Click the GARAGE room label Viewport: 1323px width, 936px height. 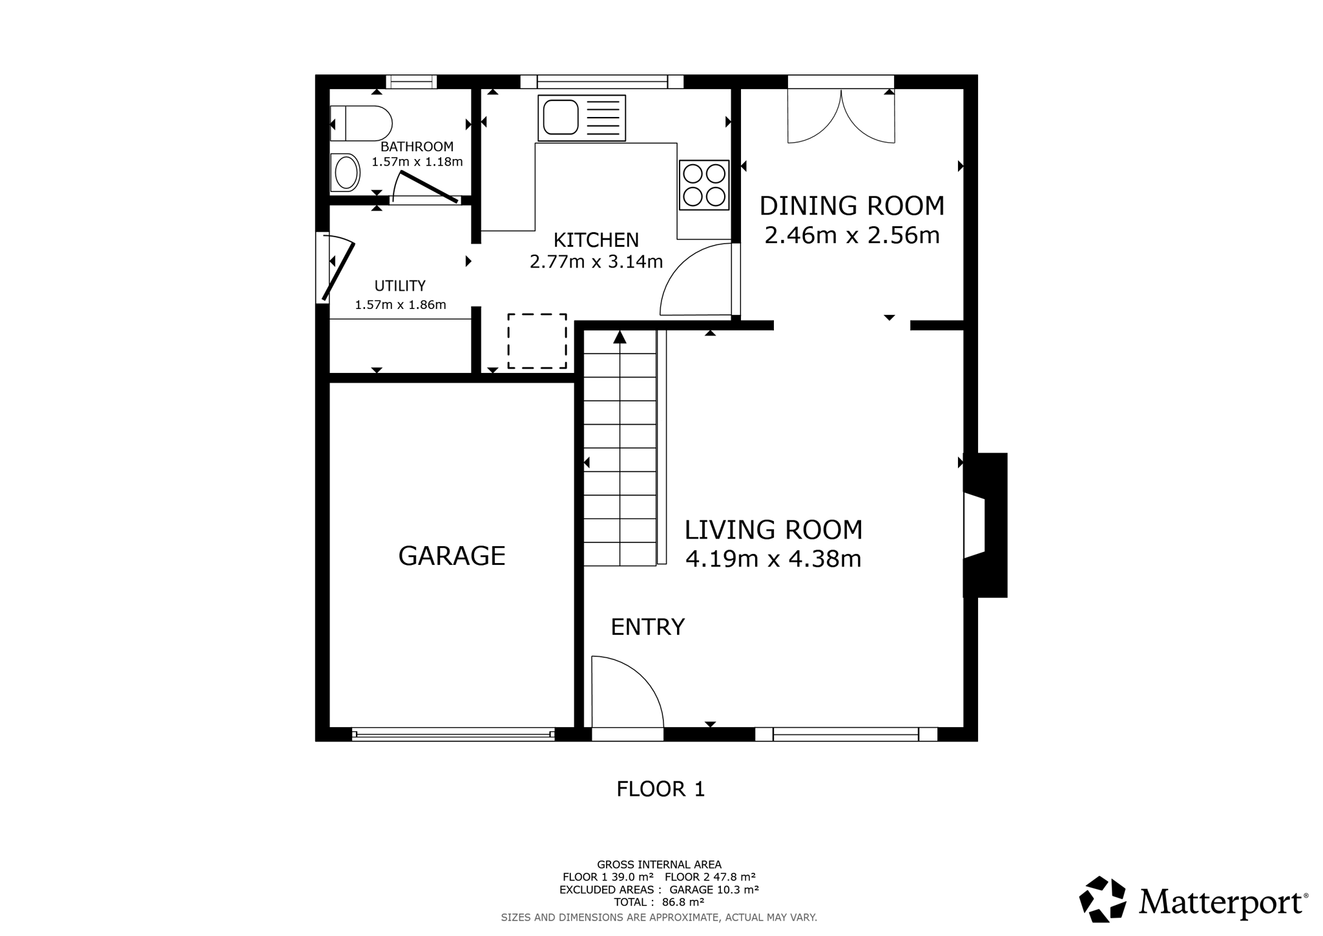point(452,556)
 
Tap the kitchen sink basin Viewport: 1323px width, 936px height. point(560,117)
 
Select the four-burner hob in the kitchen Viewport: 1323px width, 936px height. point(704,185)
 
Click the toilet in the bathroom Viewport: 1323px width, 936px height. point(361,123)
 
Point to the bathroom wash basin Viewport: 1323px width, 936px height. point(346,173)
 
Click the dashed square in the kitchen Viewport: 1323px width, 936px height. point(537,341)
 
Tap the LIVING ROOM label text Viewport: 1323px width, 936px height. point(773,530)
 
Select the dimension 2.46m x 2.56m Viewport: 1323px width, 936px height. point(851,235)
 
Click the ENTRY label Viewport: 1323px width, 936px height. point(647,627)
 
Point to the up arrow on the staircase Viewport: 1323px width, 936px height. point(620,337)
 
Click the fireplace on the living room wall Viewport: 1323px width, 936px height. point(985,525)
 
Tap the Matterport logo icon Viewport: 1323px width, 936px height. point(1103,899)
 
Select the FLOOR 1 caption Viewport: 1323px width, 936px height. point(660,789)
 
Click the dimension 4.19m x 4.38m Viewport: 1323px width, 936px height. point(773,558)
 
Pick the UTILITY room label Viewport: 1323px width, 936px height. point(400,286)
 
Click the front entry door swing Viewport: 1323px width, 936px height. point(627,692)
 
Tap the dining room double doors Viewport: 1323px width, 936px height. point(841,116)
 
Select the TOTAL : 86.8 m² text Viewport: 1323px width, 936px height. point(659,902)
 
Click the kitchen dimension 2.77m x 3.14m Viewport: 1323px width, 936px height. point(596,262)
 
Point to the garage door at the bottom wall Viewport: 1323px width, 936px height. point(453,734)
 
